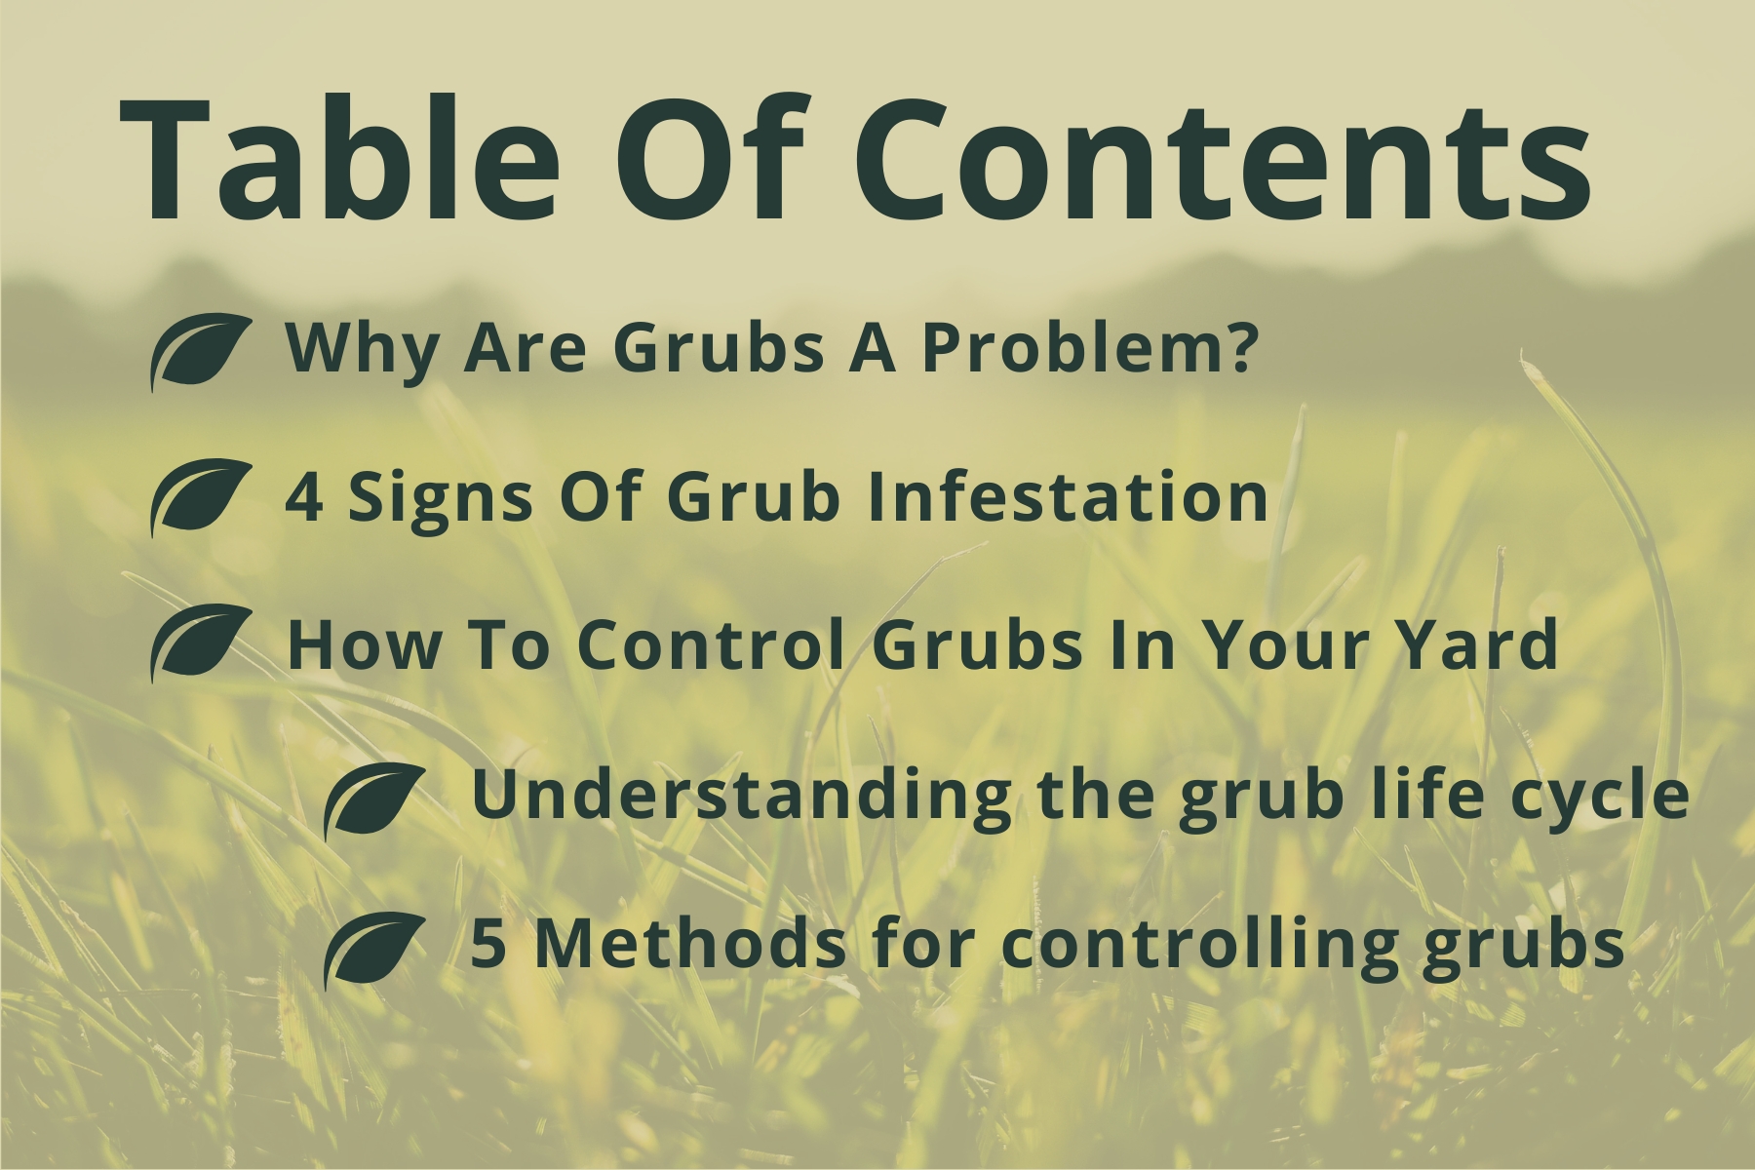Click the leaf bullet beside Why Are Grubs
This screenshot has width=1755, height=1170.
click(x=201, y=352)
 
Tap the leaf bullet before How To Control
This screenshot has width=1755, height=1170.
click(x=201, y=643)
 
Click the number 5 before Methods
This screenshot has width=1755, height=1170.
click(x=487, y=945)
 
